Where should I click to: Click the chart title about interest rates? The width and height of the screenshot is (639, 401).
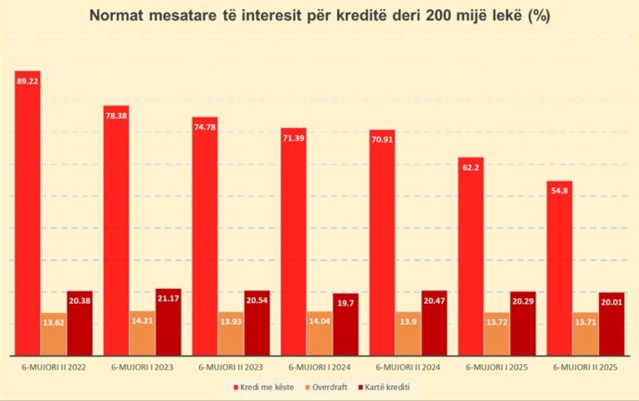(x=319, y=16)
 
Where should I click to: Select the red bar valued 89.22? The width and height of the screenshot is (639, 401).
(x=27, y=213)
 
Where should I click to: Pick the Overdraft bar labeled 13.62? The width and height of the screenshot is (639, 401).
(x=54, y=333)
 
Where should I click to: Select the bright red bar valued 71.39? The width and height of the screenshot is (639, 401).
(x=294, y=241)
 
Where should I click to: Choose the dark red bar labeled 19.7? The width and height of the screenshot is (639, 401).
(x=346, y=324)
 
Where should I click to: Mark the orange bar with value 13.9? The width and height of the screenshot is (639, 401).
(x=408, y=333)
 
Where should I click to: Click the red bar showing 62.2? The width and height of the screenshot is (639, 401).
(x=470, y=256)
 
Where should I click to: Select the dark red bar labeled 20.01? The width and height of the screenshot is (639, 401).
(x=612, y=323)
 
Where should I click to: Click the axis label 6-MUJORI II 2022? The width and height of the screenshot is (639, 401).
(x=54, y=367)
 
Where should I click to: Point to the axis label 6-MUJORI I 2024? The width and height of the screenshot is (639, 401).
(x=319, y=367)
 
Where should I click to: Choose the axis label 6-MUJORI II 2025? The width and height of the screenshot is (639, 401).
(x=585, y=367)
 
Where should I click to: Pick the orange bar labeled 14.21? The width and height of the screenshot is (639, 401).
(x=143, y=332)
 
